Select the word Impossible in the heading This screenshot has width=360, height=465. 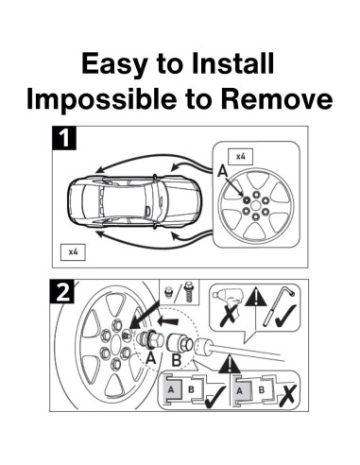click(101, 99)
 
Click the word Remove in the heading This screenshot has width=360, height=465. click(277, 99)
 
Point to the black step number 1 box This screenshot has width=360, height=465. click(64, 138)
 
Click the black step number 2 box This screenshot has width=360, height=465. click(61, 291)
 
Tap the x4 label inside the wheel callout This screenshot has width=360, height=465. click(241, 156)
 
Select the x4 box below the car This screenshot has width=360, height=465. click(73, 251)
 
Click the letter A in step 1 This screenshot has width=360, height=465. click(223, 172)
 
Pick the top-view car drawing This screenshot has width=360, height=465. click(134, 201)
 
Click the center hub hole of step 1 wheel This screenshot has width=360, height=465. click(256, 206)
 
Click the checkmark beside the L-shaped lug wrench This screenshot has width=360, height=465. click(285, 317)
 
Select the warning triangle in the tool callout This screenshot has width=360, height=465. click(256, 297)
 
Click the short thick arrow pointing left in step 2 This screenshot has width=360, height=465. click(169, 321)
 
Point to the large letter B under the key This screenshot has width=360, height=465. click(177, 360)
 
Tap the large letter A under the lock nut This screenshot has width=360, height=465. click(151, 358)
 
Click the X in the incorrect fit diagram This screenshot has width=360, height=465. click(288, 395)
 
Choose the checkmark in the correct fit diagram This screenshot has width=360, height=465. click(214, 396)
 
